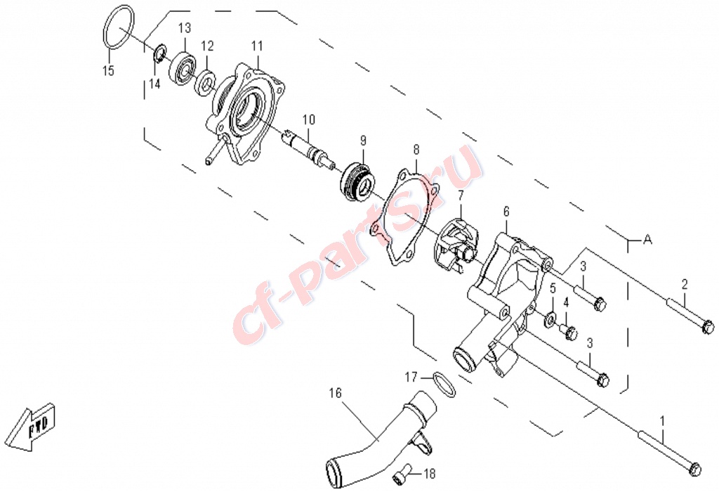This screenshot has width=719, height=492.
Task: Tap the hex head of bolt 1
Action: point(695,469)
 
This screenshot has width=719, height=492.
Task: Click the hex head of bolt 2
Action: point(708,328)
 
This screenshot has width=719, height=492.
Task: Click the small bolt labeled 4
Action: point(568,330)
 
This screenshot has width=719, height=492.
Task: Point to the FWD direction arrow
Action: point(33,427)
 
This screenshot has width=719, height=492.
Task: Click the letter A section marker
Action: point(647,240)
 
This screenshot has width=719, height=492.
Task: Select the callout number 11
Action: point(257,46)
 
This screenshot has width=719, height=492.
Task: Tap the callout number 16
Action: point(335,394)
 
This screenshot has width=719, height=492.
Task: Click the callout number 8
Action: point(416,150)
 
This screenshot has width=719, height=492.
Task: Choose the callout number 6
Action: point(506,212)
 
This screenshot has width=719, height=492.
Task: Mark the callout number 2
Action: point(684,285)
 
